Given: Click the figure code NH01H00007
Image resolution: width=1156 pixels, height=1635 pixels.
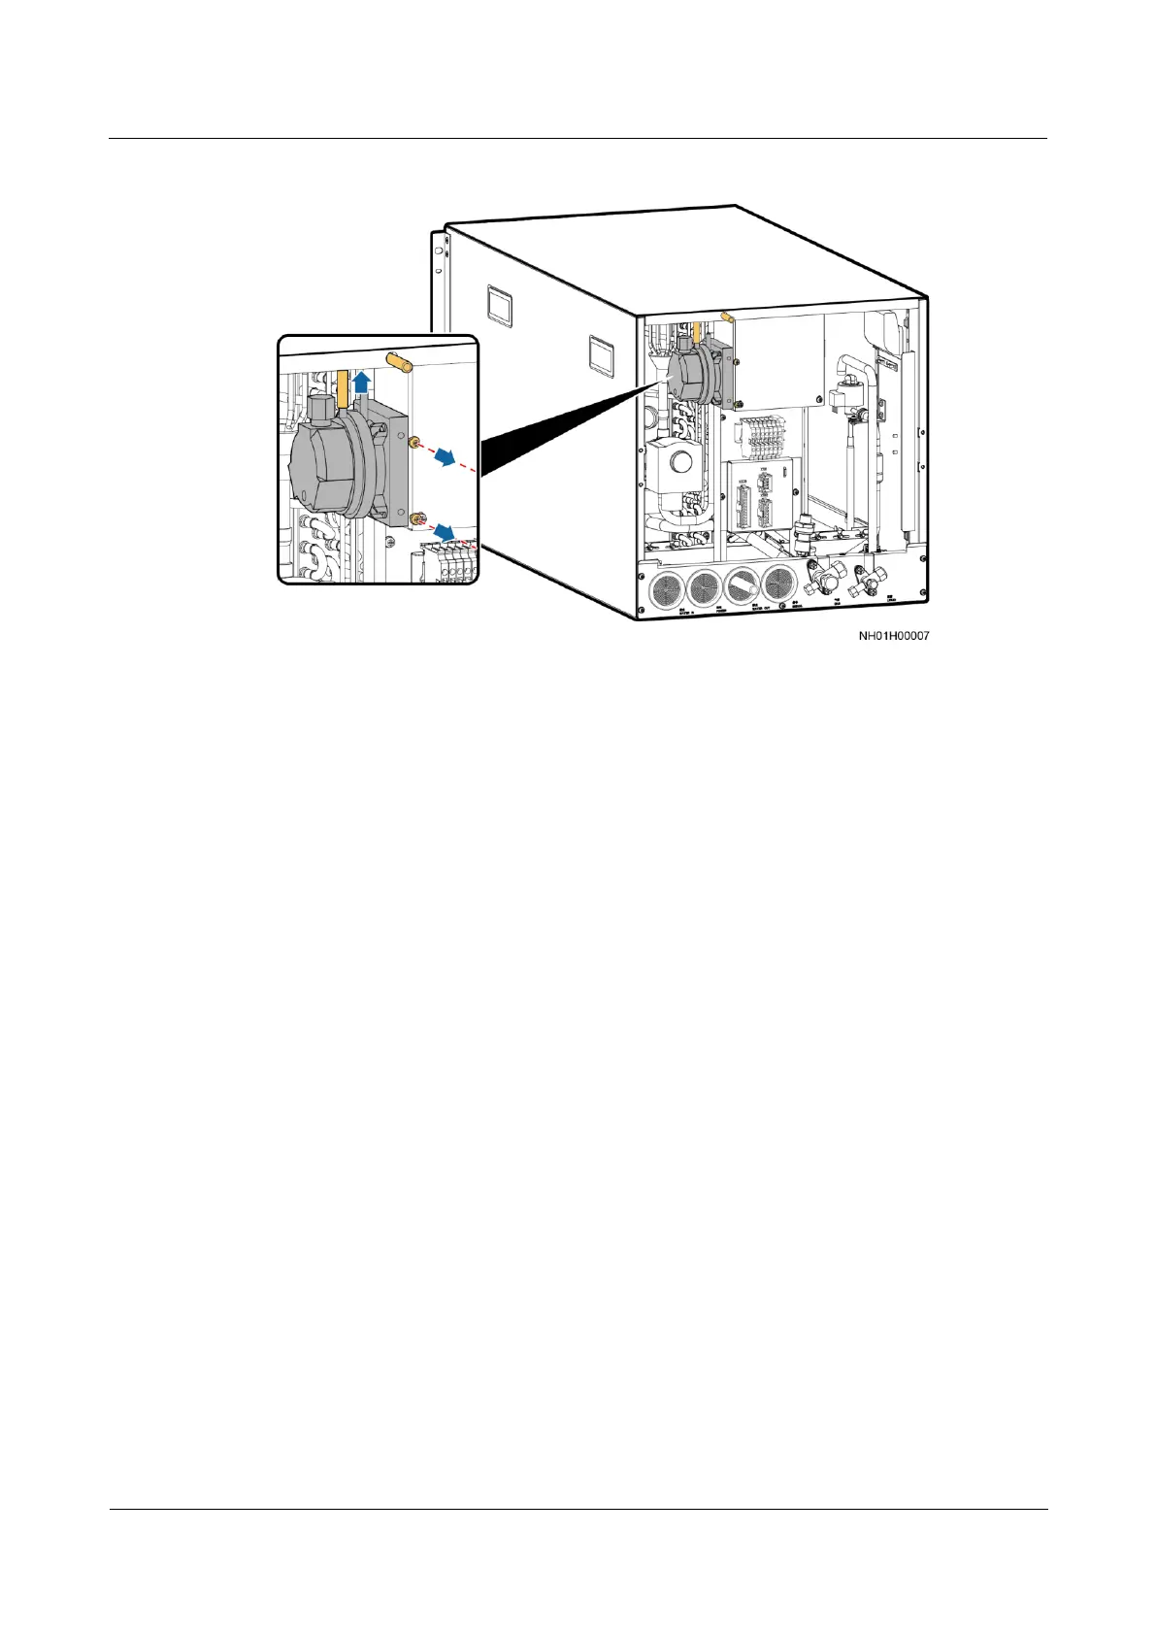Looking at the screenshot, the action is click(894, 637).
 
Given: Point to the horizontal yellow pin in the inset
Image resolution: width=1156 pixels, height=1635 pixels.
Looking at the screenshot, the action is click(399, 362).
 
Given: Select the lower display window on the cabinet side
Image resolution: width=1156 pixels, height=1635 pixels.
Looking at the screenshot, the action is click(602, 355).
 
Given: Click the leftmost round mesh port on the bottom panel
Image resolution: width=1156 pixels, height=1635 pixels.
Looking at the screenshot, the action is click(664, 587).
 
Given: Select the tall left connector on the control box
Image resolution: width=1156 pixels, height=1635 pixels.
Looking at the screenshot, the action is click(744, 502).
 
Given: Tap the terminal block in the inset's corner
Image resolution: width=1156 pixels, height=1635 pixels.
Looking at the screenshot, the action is click(450, 562).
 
